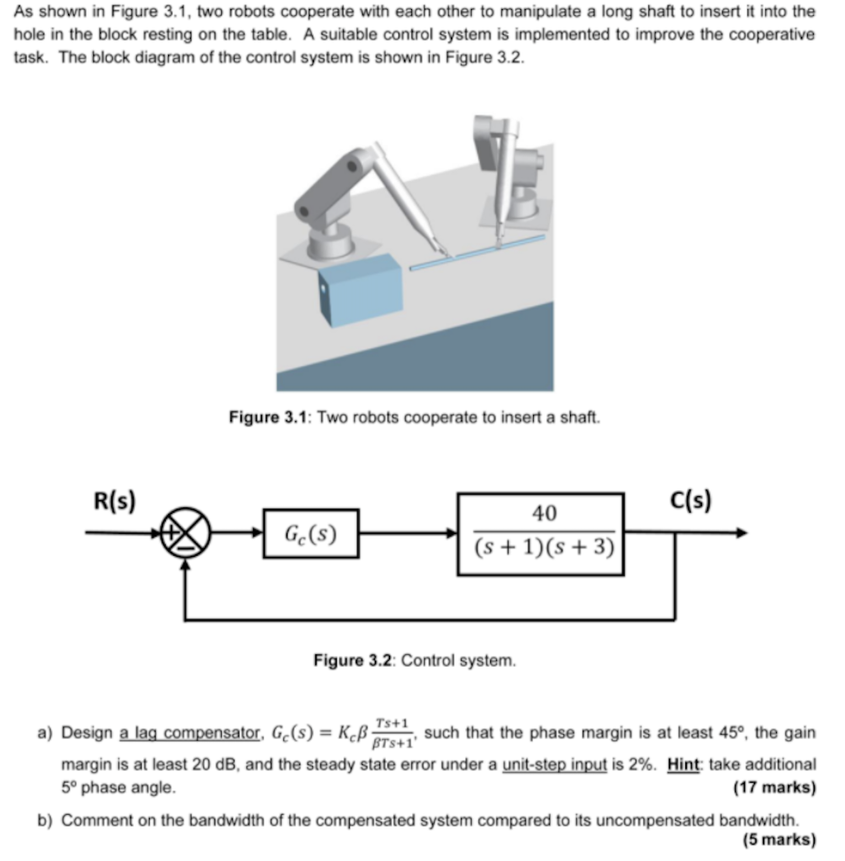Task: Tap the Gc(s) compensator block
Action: (310, 533)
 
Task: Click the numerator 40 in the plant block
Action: (543, 513)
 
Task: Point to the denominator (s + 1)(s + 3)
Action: (543, 548)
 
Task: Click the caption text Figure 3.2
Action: (349, 661)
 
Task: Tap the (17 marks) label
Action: (774, 788)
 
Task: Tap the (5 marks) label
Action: (779, 840)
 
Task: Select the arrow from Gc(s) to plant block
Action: (409, 533)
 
